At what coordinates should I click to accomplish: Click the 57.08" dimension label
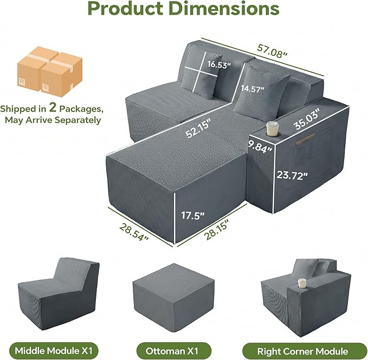272,51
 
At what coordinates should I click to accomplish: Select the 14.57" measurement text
253,89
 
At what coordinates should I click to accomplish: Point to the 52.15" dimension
198,128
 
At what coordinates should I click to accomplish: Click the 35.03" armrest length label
307,119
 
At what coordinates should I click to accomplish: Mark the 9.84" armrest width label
260,147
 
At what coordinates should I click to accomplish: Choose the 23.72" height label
292,175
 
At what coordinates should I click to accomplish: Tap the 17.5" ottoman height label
193,215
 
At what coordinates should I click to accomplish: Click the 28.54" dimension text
134,232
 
